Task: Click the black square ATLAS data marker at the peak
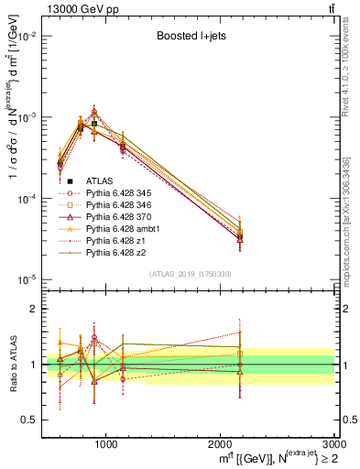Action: click(94, 124)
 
